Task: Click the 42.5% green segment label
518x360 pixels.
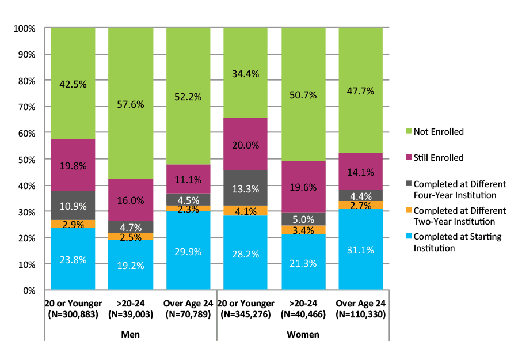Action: (x=73, y=84)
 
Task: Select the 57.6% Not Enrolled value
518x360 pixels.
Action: (x=131, y=104)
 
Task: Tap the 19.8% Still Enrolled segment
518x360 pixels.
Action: (x=73, y=165)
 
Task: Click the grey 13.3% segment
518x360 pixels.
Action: (x=246, y=188)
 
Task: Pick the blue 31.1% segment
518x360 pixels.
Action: (x=361, y=250)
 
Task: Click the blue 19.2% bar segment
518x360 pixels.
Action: (x=131, y=265)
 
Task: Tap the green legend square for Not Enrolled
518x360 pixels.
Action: (x=408, y=132)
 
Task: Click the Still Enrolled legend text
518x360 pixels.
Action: (x=439, y=158)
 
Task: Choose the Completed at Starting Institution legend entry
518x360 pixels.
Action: (x=458, y=242)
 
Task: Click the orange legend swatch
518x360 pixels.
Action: (x=408, y=211)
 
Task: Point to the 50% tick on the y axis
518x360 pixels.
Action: (x=26, y=160)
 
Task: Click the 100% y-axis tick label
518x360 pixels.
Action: (x=24, y=28)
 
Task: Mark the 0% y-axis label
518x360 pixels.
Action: (x=29, y=291)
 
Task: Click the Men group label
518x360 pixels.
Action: (x=131, y=334)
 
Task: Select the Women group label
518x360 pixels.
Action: (x=303, y=334)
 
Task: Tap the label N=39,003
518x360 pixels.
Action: (x=131, y=315)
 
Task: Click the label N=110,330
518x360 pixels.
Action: (x=361, y=315)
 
